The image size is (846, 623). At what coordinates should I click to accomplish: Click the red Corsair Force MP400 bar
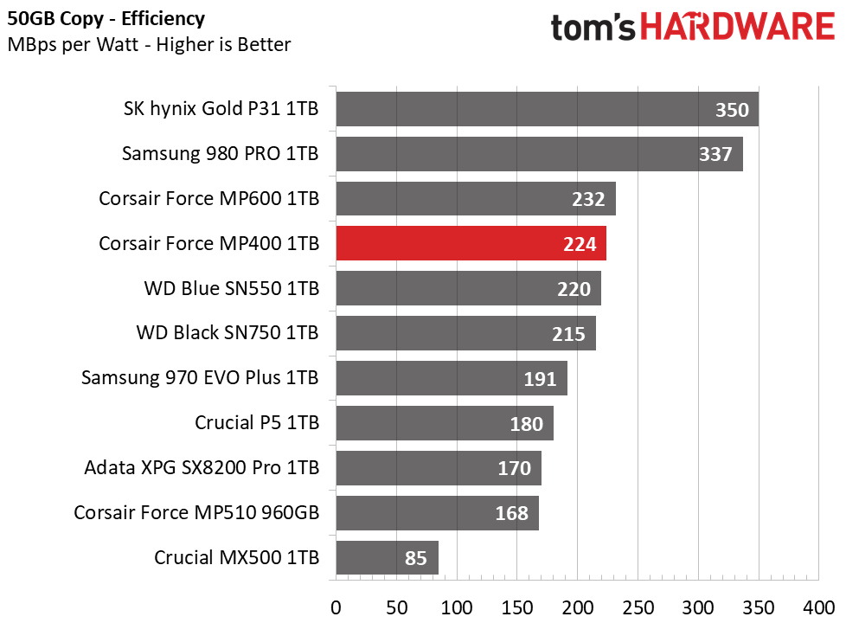click(471, 243)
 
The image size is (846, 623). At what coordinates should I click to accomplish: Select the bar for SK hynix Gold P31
click(547, 109)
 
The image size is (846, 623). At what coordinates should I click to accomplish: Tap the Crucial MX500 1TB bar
click(387, 558)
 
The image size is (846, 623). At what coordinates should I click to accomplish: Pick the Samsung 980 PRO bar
click(540, 154)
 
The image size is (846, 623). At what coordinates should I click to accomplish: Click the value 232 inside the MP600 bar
click(588, 199)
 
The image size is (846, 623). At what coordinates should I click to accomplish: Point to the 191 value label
click(540, 379)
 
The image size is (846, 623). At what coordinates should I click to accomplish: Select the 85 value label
click(416, 558)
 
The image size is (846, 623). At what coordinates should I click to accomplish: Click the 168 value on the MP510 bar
click(511, 513)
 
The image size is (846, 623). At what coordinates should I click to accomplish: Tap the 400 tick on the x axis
click(818, 608)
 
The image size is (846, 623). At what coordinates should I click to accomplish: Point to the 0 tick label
click(336, 608)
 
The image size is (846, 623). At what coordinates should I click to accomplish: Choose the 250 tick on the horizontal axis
click(638, 608)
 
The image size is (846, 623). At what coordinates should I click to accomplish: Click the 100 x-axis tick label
click(457, 608)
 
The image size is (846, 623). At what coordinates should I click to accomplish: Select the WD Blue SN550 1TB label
click(232, 288)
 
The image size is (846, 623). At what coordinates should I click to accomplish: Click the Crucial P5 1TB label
click(257, 423)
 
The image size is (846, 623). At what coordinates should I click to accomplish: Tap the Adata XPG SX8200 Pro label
click(202, 467)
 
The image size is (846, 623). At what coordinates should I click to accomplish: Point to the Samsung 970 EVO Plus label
click(200, 378)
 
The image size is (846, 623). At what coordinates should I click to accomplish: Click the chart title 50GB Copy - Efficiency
click(106, 19)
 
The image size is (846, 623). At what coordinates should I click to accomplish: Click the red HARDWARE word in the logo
click(738, 27)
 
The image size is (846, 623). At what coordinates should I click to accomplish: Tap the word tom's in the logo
click(593, 28)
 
